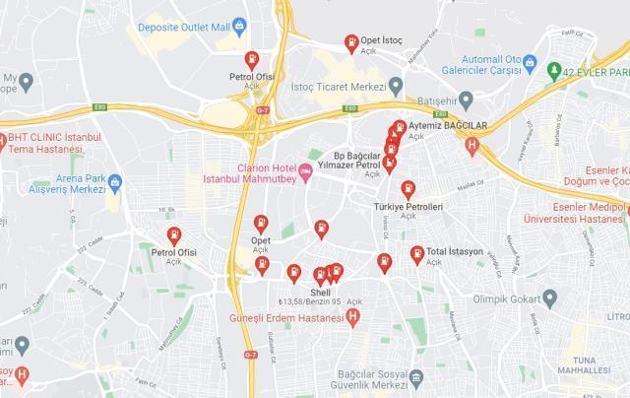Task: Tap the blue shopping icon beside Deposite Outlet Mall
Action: pyautogui.click(x=240, y=27)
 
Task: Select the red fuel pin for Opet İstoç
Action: pyautogui.click(x=350, y=41)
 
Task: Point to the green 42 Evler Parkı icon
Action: pyautogui.click(x=555, y=71)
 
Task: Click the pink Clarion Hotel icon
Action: pyautogui.click(x=306, y=172)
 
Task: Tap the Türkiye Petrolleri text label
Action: pyautogui.click(x=408, y=208)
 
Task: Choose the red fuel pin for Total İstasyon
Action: pyautogui.click(x=417, y=253)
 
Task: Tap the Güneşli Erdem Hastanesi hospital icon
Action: pyautogui.click(x=353, y=316)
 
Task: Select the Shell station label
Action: pyautogui.click(x=320, y=292)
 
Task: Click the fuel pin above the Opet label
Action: pyautogui.click(x=261, y=223)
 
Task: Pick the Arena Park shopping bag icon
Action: pyautogui.click(x=115, y=181)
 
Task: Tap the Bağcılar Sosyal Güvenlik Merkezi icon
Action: pyautogui.click(x=416, y=377)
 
